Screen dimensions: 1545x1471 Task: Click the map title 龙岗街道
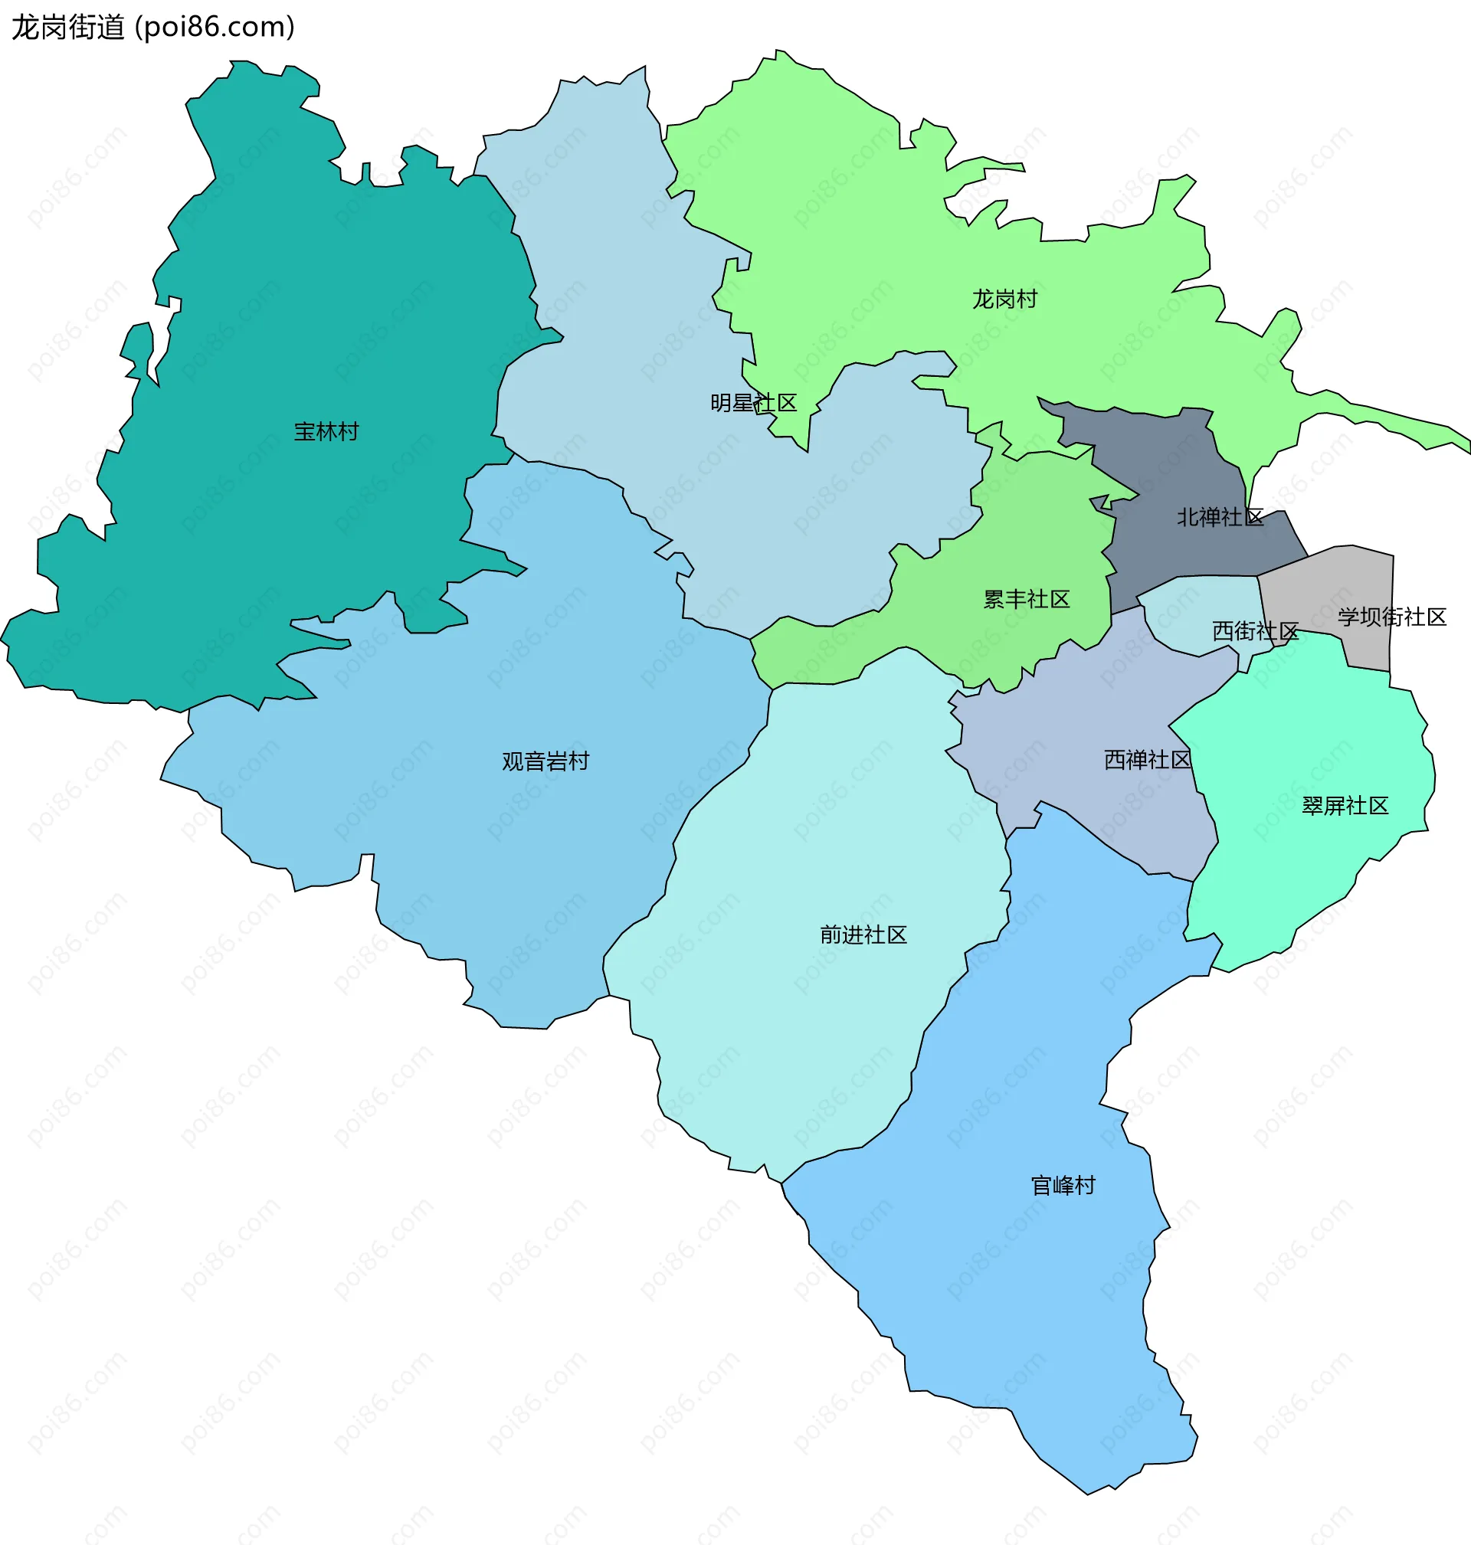click(x=68, y=28)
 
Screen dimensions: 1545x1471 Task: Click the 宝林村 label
click(x=326, y=432)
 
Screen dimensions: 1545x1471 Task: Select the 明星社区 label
click(x=753, y=403)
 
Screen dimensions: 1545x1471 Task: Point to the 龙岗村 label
click(x=1004, y=300)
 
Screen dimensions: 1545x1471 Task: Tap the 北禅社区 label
click(x=1219, y=517)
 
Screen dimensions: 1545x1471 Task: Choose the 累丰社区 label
click(x=1027, y=600)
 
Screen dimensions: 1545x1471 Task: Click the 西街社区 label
click(x=1255, y=631)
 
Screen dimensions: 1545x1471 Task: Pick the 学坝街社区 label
click(x=1392, y=617)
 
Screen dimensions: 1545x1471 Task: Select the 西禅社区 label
click(x=1146, y=760)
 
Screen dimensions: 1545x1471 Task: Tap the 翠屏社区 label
click(x=1345, y=806)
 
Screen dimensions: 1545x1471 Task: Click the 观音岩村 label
click(x=545, y=761)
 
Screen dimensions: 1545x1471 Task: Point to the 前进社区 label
click(x=863, y=935)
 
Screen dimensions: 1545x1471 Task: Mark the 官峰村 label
click(x=1063, y=1186)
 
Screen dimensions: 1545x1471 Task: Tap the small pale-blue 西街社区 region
click(x=1200, y=611)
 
